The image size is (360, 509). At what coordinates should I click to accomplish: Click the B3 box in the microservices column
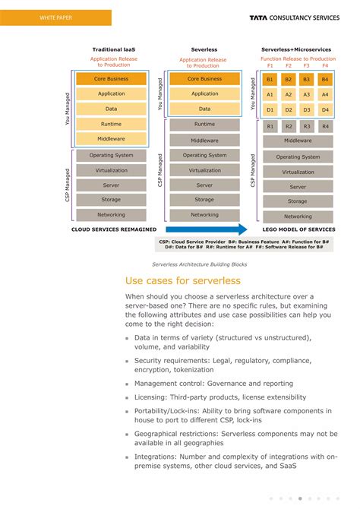(306, 79)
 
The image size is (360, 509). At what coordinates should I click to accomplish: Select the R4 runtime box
(325, 126)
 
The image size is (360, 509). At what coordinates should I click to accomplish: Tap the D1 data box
(270, 110)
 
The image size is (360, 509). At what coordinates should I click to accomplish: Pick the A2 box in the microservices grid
(288, 95)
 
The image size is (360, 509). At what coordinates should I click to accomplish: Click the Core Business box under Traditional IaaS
(112, 79)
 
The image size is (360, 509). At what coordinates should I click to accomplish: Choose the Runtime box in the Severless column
(204, 125)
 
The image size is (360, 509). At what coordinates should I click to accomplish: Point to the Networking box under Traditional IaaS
(112, 215)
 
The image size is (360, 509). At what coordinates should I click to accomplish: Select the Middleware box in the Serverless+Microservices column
(298, 141)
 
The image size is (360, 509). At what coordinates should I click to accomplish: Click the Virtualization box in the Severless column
(204, 170)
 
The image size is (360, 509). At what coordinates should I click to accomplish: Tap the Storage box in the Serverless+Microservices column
(298, 201)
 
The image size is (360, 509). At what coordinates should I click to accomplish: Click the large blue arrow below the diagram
(206, 229)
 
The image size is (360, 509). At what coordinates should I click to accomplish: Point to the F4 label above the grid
(325, 66)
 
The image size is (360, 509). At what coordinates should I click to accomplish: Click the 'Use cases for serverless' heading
(182, 281)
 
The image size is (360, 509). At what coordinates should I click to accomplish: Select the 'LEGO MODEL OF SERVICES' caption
(298, 229)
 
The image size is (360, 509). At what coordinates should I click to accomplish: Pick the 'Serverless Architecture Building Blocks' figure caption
(199, 264)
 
